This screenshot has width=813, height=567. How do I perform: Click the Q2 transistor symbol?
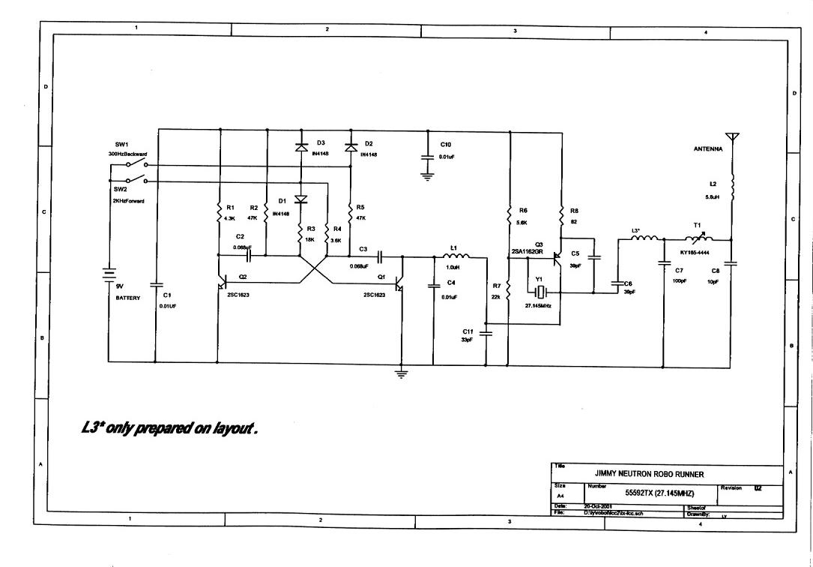point(223,283)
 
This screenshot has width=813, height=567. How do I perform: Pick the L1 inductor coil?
point(454,256)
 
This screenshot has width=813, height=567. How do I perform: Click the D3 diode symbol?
point(300,148)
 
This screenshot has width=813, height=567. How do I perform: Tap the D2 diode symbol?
point(350,148)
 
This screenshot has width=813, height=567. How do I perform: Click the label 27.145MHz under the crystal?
point(538,306)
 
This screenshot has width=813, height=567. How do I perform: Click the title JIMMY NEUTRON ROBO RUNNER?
point(649,474)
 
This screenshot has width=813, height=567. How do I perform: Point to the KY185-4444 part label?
point(695,253)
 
